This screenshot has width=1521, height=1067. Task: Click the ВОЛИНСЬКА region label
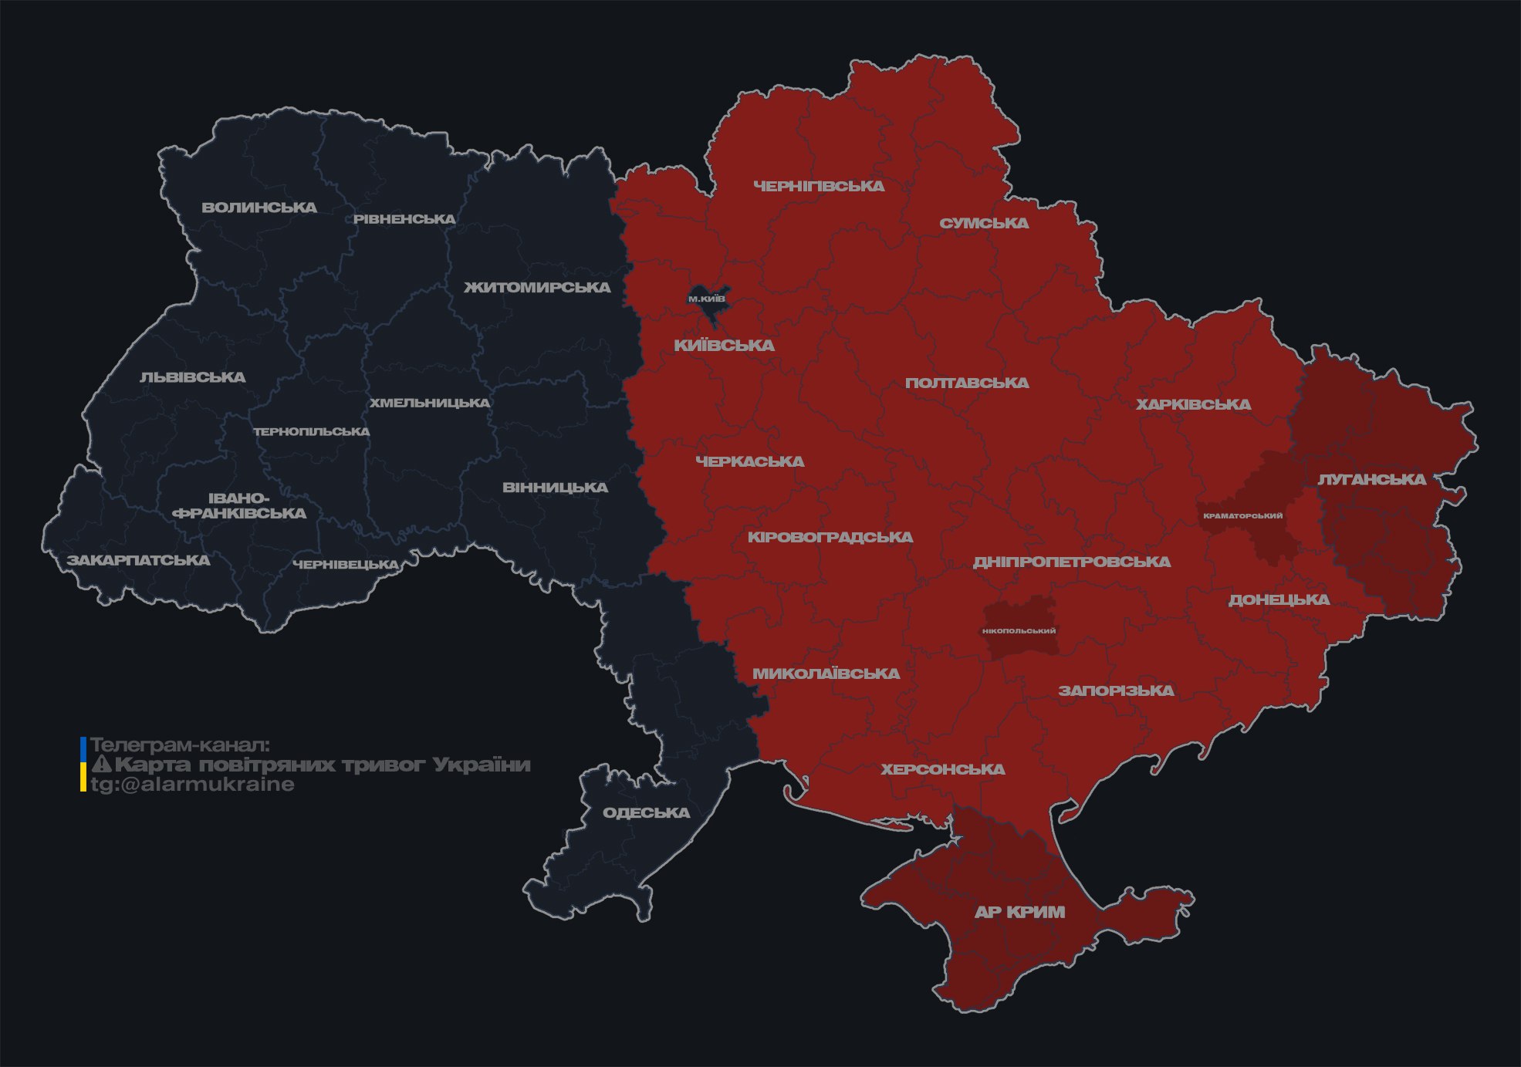click(259, 208)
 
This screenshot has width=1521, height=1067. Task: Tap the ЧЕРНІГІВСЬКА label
click(819, 186)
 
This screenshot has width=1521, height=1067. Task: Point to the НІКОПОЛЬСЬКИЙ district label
click(1019, 631)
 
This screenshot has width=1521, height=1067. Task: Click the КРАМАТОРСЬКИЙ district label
click(1242, 515)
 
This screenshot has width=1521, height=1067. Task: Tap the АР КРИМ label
click(1019, 912)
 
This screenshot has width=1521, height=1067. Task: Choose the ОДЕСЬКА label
click(646, 813)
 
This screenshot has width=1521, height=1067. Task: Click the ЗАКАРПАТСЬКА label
click(138, 560)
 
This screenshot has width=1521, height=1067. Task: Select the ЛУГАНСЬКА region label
click(1371, 479)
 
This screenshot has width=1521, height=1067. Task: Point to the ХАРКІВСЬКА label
click(1193, 404)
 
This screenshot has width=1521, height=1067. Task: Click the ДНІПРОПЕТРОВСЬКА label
click(1071, 562)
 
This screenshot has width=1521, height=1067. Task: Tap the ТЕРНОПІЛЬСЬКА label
click(312, 431)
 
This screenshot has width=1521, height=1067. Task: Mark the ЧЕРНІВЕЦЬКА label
click(346, 565)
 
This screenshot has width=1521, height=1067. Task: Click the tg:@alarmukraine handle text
click(192, 785)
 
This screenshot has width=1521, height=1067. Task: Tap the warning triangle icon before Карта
click(101, 765)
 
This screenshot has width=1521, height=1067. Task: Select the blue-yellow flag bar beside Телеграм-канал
click(83, 765)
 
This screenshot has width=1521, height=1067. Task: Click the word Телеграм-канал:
click(180, 745)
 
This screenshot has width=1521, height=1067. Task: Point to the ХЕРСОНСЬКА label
click(943, 769)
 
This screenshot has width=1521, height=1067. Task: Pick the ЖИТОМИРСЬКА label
click(537, 288)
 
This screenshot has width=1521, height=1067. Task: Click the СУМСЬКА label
click(984, 223)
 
